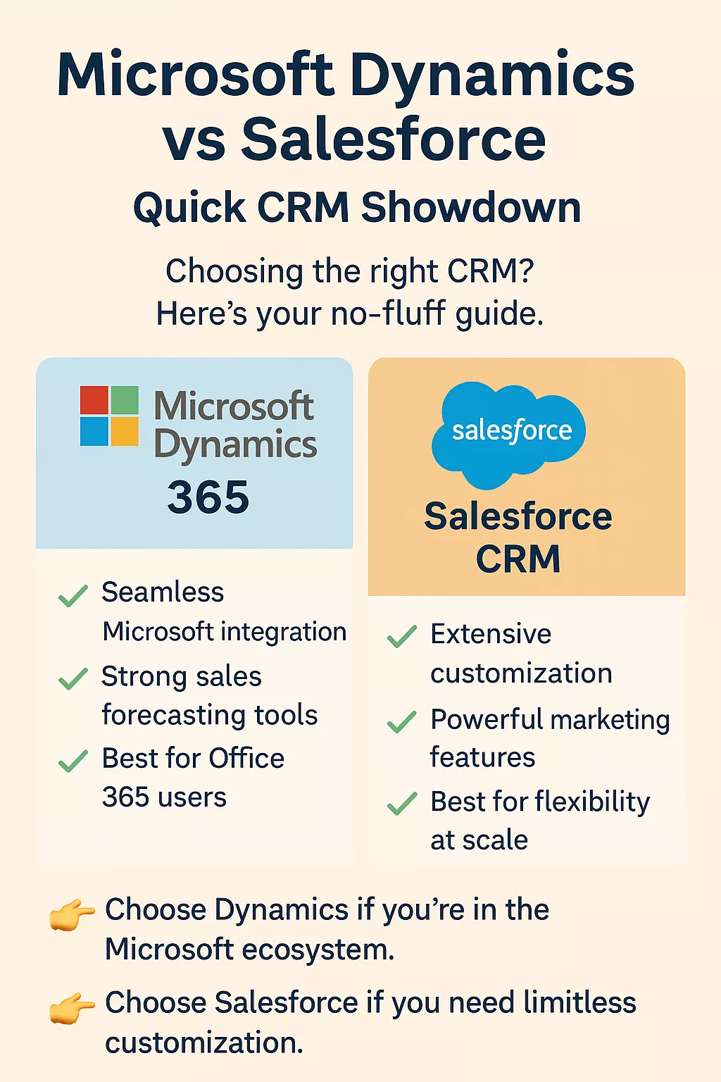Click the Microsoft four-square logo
[109, 416]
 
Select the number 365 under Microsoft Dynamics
[208, 497]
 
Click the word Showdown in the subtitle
[471, 208]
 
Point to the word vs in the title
[194, 139]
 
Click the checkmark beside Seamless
[73, 595]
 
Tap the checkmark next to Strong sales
[73, 678]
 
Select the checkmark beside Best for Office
[73, 761]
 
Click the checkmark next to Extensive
[402, 636]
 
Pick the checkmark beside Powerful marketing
[402, 721]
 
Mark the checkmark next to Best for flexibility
[402, 804]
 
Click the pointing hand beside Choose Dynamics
[72, 914]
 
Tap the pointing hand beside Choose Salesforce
[72, 1007]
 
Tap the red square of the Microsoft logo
[94, 400]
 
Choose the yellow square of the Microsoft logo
[125, 431]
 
